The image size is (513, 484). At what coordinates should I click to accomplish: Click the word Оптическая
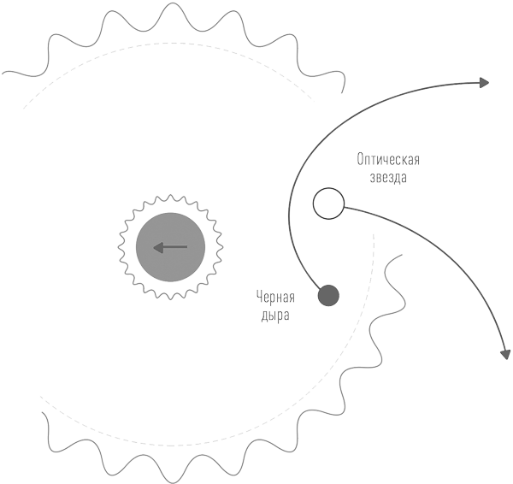pyautogui.click(x=388, y=160)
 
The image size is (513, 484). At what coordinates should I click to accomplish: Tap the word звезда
pyautogui.click(x=388, y=177)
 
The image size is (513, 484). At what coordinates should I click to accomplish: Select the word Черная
pyautogui.click(x=275, y=297)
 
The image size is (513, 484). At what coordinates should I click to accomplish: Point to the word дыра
pyautogui.click(x=275, y=316)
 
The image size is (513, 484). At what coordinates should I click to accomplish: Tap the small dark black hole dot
pyautogui.click(x=328, y=296)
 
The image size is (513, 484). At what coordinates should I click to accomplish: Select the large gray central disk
pyautogui.click(x=170, y=247)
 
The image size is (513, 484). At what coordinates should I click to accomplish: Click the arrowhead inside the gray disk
pyautogui.click(x=158, y=247)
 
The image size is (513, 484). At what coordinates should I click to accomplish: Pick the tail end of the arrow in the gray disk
pyautogui.click(x=187, y=247)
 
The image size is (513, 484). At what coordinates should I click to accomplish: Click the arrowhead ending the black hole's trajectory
pyautogui.click(x=484, y=83)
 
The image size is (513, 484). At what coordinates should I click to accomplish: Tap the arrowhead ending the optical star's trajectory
pyautogui.click(x=506, y=354)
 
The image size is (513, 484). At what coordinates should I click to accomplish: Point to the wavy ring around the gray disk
pyautogui.click(x=170, y=194)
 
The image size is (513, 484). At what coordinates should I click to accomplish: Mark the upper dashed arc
pyautogui.click(x=170, y=43)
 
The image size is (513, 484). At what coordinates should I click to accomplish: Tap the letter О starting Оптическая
pyautogui.click(x=360, y=160)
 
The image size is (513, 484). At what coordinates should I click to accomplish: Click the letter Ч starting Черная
pyautogui.click(x=259, y=297)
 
